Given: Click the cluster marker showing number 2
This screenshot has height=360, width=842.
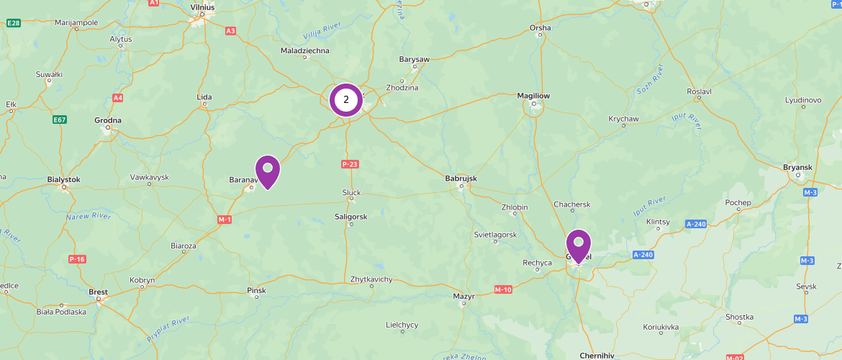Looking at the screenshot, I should [x=346, y=100].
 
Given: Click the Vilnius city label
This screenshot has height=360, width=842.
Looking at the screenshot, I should [x=203, y=6].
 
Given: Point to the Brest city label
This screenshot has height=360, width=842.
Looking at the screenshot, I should [x=98, y=292].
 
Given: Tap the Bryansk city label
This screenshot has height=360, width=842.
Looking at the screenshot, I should [x=797, y=167].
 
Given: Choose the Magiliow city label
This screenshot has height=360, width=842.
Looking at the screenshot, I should [x=533, y=95].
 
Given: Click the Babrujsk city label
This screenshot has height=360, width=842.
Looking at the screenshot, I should [x=461, y=179].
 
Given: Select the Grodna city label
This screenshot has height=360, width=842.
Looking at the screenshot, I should [x=108, y=120].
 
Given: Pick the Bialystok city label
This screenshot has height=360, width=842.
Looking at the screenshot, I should [x=63, y=179].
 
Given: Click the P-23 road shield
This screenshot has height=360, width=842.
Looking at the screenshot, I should [x=350, y=164].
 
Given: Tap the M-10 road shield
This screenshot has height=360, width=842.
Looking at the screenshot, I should [x=503, y=289].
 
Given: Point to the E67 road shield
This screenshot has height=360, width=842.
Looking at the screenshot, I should [x=60, y=120].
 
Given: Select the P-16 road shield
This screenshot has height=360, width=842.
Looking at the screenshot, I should [x=77, y=258].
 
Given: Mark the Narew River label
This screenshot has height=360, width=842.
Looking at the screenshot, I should [x=88, y=215].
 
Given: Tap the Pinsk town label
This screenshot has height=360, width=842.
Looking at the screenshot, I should [x=256, y=291].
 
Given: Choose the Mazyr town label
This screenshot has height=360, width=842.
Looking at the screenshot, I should [x=463, y=296].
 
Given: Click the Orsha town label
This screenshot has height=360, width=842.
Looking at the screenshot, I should [x=540, y=28].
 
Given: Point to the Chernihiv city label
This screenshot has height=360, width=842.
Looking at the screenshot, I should [x=597, y=355].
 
